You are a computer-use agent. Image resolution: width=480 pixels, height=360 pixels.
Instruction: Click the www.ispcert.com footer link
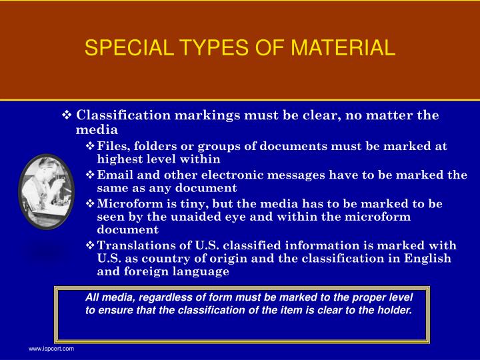click(51, 349)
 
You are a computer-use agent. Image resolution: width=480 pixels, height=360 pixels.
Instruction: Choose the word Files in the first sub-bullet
click(111, 147)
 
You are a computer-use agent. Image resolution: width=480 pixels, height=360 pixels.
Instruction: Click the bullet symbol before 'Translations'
click(91, 246)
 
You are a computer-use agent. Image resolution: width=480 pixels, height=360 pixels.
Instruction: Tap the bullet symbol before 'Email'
click(91, 175)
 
